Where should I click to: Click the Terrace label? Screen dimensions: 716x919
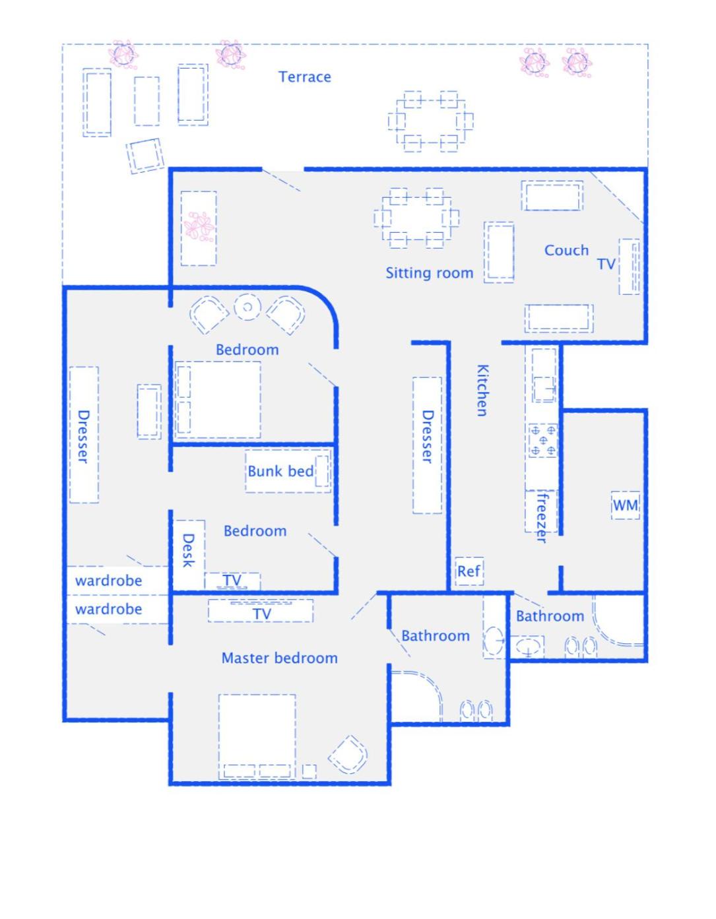point(304,77)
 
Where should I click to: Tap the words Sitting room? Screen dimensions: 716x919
point(429,273)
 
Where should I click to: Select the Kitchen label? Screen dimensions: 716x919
point(482,390)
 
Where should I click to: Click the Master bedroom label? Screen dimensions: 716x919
point(280,658)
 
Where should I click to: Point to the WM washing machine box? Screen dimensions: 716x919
point(625,505)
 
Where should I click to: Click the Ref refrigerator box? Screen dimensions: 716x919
point(469,571)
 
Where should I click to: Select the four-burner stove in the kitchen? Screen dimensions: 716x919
point(543,440)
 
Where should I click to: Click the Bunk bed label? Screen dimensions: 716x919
point(281,471)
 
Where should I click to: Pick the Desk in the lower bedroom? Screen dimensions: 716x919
point(189,554)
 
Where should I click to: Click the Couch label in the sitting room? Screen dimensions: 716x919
point(566,251)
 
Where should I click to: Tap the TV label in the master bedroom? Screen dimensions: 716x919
point(262,614)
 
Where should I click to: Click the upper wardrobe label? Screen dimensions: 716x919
point(109,581)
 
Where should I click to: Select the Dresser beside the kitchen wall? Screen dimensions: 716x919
point(427,445)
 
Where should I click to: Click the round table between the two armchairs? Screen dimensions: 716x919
point(247,307)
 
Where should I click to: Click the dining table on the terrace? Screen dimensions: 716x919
point(430,121)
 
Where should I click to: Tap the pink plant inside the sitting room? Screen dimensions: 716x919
point(199,227)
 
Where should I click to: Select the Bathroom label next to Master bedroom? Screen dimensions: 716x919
point(436,635)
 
